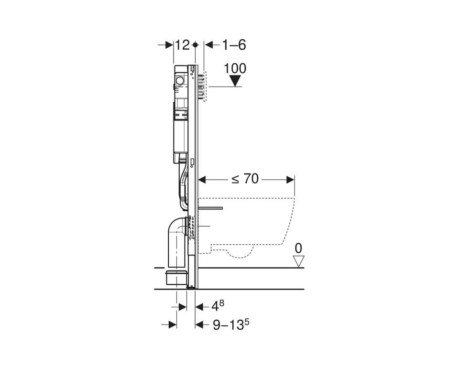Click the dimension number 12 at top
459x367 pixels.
183,45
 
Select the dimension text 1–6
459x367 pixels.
234,45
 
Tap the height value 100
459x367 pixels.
235,68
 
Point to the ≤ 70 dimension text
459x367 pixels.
245,179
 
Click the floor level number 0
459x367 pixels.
298,248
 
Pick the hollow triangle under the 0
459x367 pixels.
298,261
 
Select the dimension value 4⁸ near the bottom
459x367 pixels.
218,306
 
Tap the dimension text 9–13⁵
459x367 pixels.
231,324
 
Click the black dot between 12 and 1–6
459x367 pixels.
196,45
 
